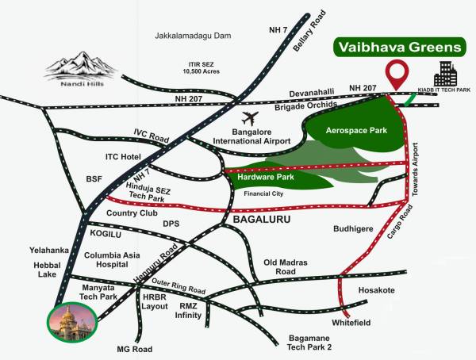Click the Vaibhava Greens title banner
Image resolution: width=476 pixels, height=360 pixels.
click(x=397, y=47)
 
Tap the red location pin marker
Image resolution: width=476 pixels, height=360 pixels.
click(x=397, y=75)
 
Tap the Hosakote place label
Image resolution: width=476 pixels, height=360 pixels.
click(x=376, y=291)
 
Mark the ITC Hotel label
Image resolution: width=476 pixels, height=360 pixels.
click(x=122, y=157)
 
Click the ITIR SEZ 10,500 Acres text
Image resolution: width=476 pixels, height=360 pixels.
click(x=200, y=67)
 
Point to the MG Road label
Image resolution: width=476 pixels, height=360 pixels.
click(x=134, y=350)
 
